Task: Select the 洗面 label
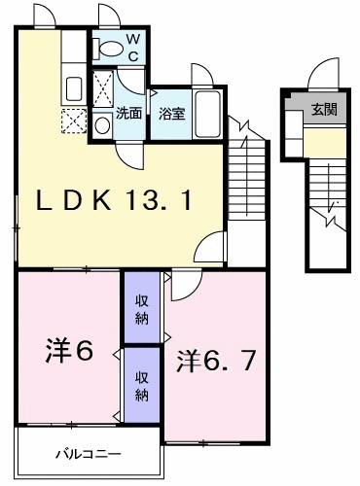[x=129, y=113]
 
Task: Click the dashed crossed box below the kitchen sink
[x=74, y=121]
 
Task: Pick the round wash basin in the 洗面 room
[x=103, y=124]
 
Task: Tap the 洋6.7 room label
[x=217, y=361]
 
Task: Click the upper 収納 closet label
[x=141, y=310]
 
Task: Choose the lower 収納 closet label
[x=141, y=385]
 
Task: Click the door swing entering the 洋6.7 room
[x=183, y=286]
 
